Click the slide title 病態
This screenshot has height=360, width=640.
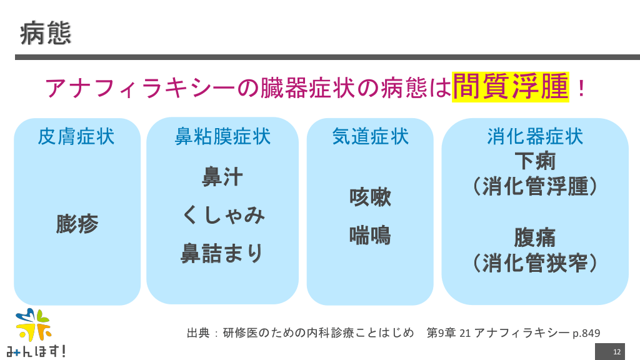(46, 32)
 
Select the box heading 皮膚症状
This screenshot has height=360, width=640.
(76, 137)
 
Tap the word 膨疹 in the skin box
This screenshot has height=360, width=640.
(77, 224)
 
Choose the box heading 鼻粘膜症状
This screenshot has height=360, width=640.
(222, 137)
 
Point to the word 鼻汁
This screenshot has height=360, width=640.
(222, 177)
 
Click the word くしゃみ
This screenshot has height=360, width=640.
(223, 215)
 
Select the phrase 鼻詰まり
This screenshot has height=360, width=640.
(222, 253)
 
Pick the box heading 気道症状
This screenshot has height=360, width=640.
(370, 137)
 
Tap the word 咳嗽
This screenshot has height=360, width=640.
(370, 197)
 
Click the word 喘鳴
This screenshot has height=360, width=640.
(370, 235)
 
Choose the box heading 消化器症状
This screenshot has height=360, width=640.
(535, 137)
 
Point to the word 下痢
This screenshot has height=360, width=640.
(535, 162)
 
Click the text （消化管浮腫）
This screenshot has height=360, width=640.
(535, 187)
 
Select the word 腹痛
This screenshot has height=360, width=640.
(535, 238)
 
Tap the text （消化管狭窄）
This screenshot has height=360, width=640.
(535, 263)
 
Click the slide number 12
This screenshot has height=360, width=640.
(617, 352)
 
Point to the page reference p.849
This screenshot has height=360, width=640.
(586, 333)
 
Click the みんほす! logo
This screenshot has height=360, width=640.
(35, 334)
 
